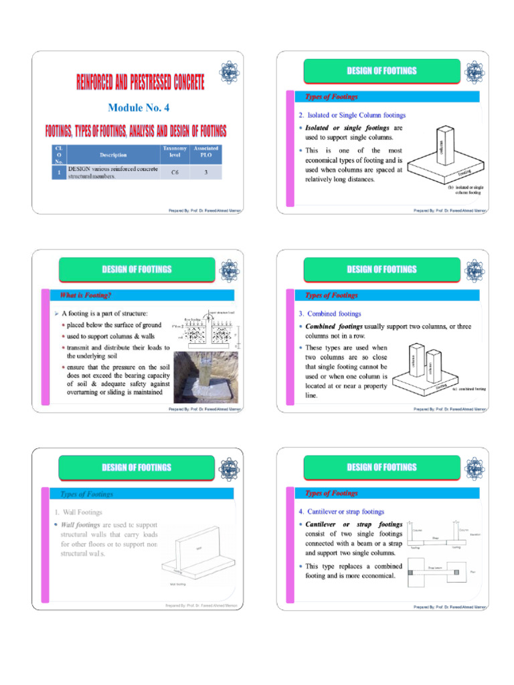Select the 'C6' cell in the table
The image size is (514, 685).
tap(174, 172)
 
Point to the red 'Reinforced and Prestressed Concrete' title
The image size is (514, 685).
tap(141, 84)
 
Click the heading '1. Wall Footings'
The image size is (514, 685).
tap(80, 512)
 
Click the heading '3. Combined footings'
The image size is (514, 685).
tap(330, 313)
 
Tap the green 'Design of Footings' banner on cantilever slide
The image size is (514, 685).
tap(381, 467)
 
